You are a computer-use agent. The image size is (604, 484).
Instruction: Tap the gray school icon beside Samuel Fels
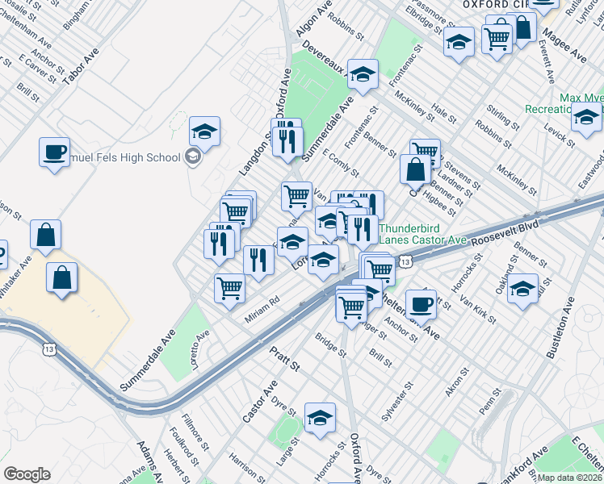193,156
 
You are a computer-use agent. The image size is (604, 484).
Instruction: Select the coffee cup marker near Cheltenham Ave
420,306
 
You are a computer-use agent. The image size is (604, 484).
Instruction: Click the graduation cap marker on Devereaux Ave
363,74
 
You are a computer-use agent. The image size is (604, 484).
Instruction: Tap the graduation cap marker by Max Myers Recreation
586,118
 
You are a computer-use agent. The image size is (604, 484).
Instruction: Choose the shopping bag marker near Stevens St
415,170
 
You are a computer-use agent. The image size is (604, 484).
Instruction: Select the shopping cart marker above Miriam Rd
230,288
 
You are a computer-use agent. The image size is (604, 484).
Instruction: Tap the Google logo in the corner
27,474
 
